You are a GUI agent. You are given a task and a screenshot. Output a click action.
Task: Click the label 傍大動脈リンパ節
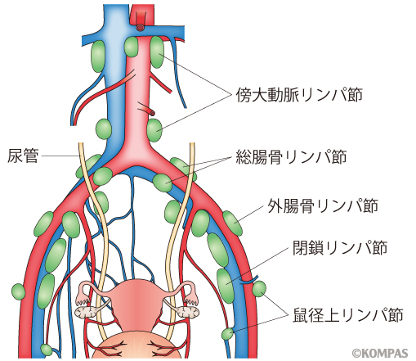pos(299,95)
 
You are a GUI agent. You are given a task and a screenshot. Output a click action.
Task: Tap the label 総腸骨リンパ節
pos(291,156)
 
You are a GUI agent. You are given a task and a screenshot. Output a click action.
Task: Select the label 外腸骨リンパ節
pos(323,205)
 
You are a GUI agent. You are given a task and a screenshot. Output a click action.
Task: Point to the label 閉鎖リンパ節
pos(340,247)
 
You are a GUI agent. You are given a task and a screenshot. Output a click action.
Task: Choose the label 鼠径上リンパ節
pos(348,315)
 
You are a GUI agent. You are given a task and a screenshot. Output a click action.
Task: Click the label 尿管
pos(23,156)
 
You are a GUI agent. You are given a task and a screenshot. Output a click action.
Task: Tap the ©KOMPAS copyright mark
pos(380,353)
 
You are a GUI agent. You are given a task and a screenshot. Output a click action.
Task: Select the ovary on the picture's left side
pos(85,311)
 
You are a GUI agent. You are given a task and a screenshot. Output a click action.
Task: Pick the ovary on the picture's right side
pos(187,311)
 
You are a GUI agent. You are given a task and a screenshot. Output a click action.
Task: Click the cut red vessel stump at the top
pos(140,27)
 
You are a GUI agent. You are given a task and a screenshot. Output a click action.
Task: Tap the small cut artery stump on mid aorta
pos(151,112)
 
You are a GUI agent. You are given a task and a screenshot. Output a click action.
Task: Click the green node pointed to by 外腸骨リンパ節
pos(232,223)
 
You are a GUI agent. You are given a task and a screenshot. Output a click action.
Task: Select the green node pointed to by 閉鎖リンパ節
pos(226,286)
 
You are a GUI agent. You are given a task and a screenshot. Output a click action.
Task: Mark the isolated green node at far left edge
pos(19,292)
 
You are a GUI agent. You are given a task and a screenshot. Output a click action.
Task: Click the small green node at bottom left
pos(47,350)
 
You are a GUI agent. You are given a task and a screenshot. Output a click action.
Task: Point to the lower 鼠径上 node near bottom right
pos(227,334)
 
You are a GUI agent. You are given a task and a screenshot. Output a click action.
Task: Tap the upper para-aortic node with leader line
pos(157,52)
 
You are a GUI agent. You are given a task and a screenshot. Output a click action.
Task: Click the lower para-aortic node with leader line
pos(154,130)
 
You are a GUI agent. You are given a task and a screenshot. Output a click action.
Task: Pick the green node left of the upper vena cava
pos(98,56)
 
